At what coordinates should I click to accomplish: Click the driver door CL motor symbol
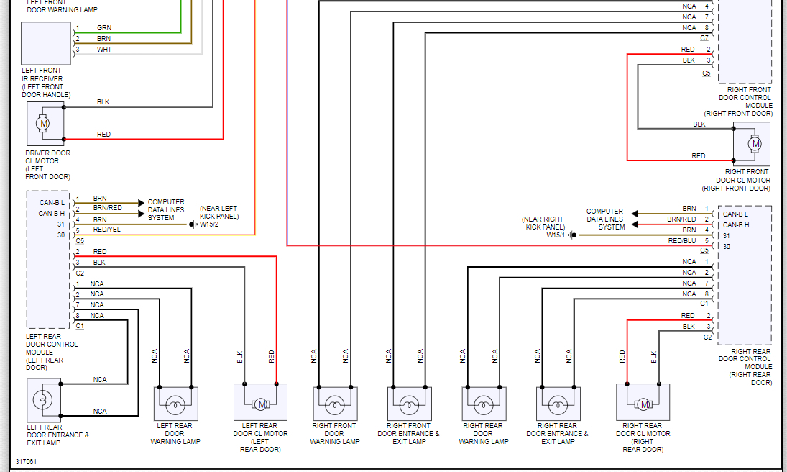(43, 123)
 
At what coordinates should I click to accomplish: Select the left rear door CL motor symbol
(260, 404)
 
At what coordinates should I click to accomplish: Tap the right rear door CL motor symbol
(643, 404)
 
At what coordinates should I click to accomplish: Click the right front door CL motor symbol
(755, 144)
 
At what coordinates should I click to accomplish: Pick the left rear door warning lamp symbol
(175, 404)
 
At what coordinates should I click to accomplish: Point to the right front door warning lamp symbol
(335, 404)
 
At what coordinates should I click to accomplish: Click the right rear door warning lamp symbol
(483, 404)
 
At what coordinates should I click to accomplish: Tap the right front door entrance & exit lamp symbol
(409, 404)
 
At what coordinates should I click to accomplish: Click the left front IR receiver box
(46, 43)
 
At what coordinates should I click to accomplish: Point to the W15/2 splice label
(209, 224)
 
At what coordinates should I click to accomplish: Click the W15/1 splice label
(555, 235)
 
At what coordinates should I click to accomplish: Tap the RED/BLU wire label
(682, 240)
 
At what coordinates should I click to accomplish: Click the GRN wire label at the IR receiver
(104, 27)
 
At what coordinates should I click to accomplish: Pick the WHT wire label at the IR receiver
(104, 49)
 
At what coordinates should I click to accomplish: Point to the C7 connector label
(704, 37)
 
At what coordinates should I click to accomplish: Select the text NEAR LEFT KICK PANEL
(219, 212)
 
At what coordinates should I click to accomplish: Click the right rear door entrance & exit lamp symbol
(558, 404)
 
